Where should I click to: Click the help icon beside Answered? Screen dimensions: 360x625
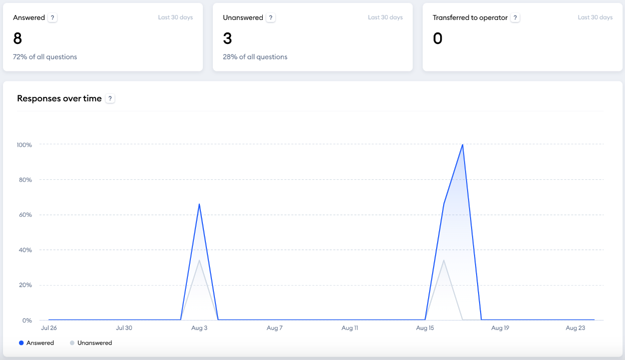53,17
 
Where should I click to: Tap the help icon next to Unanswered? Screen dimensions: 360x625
271,17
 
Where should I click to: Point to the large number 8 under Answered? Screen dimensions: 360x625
17,38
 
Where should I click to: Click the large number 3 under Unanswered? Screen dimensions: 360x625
227,38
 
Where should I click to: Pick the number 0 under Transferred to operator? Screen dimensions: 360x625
438,38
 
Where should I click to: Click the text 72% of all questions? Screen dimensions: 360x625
45,57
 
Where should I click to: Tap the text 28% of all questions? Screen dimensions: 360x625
255,57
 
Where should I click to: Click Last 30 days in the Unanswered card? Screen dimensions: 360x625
385,17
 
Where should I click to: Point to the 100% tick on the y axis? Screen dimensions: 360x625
24,145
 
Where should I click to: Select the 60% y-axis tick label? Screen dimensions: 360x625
25,215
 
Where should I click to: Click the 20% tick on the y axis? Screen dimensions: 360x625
25,285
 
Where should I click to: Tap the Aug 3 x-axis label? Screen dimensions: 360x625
199,328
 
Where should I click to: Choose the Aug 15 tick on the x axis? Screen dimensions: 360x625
425,328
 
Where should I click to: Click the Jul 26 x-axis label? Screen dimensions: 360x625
48,328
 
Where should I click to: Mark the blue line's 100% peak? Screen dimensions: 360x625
463,145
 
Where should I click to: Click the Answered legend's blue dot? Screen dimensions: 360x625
21,343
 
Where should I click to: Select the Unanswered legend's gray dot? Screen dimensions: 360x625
72,343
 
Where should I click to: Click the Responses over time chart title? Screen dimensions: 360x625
59,98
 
